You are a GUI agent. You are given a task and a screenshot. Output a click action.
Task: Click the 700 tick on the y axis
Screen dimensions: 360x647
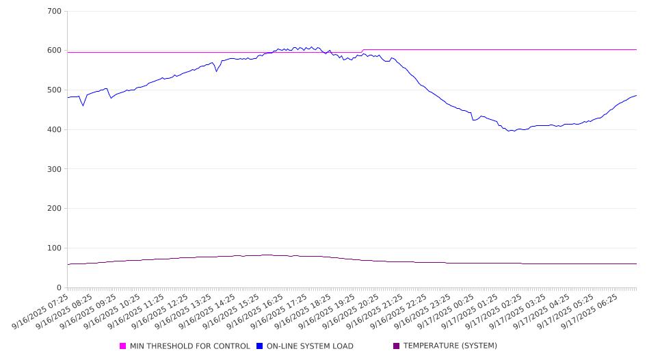click(x=55, y=12)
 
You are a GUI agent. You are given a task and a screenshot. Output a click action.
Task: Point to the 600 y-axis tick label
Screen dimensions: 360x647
click(x=55, y=51)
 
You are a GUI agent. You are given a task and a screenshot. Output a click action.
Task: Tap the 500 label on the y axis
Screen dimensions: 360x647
click(x=55, y=90)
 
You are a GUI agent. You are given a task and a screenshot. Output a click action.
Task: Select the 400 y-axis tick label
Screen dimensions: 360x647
click(x=55, y=130)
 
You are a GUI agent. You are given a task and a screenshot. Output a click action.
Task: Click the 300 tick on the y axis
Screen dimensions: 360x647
click(x=55, y=169)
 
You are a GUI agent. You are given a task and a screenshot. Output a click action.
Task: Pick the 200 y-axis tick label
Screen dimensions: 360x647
click(x=55, y=209)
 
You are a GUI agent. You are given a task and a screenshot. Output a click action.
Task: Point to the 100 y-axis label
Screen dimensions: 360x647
click(x=55, y=248)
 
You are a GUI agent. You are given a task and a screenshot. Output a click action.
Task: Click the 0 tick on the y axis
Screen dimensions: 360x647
click(x=60, y=287)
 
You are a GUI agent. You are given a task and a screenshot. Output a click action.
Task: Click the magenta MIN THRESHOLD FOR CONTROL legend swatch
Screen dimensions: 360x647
click(x=123, y=346)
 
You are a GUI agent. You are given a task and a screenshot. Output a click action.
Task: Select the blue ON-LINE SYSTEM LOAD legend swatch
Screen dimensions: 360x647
click(x=260, y=346)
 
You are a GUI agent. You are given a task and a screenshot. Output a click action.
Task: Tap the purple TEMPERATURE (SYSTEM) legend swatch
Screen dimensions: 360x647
click(x=396, y=346)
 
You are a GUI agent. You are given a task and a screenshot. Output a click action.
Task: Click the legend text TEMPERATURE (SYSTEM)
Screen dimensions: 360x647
click(x=450, y=346)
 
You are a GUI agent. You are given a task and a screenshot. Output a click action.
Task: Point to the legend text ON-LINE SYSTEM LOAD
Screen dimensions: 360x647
click(x=310, y=346)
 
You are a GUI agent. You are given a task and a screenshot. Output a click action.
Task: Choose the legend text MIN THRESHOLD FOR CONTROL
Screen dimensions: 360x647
click(x=190, y=346)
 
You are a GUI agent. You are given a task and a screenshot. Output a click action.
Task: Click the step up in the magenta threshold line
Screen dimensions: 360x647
click(x=362, y=51)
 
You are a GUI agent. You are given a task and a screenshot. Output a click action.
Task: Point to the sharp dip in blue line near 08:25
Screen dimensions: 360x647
click(x=83, y=105)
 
